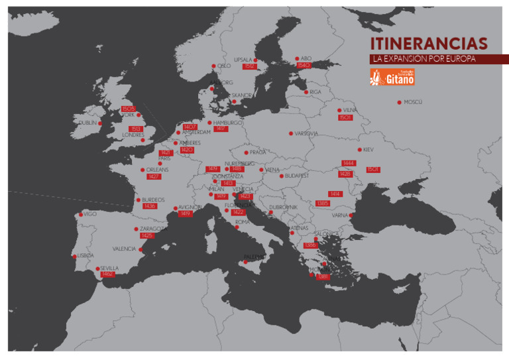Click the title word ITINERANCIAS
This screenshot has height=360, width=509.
coord(429,44)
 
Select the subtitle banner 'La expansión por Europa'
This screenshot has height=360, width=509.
coord(424,59)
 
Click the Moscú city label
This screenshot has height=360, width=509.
coord(413,102)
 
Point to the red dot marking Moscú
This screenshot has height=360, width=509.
coord(399,102)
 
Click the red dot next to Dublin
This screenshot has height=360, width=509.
coord(100,123)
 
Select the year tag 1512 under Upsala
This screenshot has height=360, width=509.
coord(249,66)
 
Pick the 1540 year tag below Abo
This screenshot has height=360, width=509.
coord(304,66)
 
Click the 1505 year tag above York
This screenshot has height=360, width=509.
coord(129,109)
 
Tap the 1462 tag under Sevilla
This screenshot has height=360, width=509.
coord(107,274)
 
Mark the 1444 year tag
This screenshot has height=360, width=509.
coord(349,163)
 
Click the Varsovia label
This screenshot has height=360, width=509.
coord(306,133)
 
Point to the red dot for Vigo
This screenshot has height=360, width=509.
coord(81,214)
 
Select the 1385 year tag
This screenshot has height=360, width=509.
coord(322,203)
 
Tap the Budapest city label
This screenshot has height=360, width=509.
coord(297,176)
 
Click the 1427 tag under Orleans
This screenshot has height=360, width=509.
coord(154,177)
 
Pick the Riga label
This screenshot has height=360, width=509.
coord(315,92)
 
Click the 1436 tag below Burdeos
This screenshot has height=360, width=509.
coord(150,206)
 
